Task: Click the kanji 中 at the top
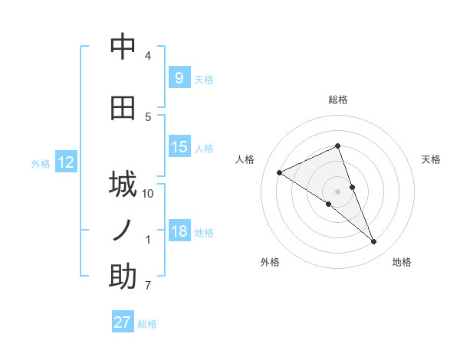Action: click(123, 47)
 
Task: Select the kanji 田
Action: click(123, 108)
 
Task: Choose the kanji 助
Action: click(123, 277)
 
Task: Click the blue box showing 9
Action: click(179, 77)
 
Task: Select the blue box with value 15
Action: click(179, 147)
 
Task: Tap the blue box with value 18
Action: click(179, 231)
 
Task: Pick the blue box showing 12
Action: click(65, 162)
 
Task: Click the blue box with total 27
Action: click(123, 322)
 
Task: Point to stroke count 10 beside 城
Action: click(148, 194)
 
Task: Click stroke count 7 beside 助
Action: click(148, 286)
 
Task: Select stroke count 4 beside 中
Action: click(148, 56)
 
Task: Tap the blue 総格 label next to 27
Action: click(147, 324)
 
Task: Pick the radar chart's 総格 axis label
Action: click(337, 100)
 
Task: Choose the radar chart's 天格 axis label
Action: click(431, 159)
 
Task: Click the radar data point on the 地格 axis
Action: click(374, 242)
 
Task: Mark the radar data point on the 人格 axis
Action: click(279, 173)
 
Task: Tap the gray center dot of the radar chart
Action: click(337, 191)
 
